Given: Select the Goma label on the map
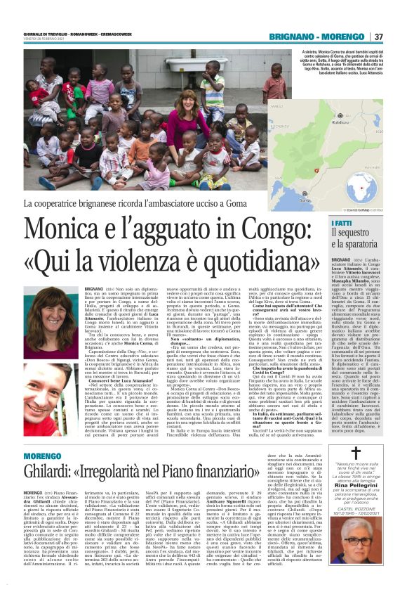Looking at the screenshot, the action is pyautogui.click(x=343, y=200).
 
